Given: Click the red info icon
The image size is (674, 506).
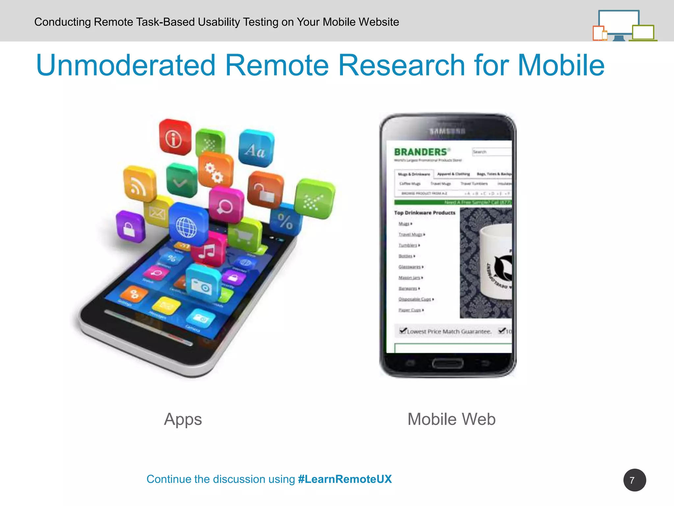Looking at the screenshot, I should click(174, 138).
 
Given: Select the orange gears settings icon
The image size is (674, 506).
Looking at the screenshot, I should click(215, 171).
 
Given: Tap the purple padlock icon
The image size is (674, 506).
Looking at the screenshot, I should click(130, 226).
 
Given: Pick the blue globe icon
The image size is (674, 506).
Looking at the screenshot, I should click(188, 225).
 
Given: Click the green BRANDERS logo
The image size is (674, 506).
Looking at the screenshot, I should click(421, 152).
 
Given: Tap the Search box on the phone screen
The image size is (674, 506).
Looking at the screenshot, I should click(491, 152).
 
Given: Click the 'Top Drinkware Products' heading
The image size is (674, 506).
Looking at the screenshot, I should click(425, 213).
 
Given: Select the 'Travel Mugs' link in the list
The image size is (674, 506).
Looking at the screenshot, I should click(411, 235).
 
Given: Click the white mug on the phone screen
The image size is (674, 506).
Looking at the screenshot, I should click(495, 262).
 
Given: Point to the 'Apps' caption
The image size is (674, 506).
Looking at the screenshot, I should click(183, 419).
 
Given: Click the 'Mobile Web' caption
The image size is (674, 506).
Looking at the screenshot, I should click(452, 419).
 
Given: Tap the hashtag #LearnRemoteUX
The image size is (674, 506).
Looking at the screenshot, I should click(345, 479).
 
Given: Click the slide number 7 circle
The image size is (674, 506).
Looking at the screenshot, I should click(634, 480).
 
